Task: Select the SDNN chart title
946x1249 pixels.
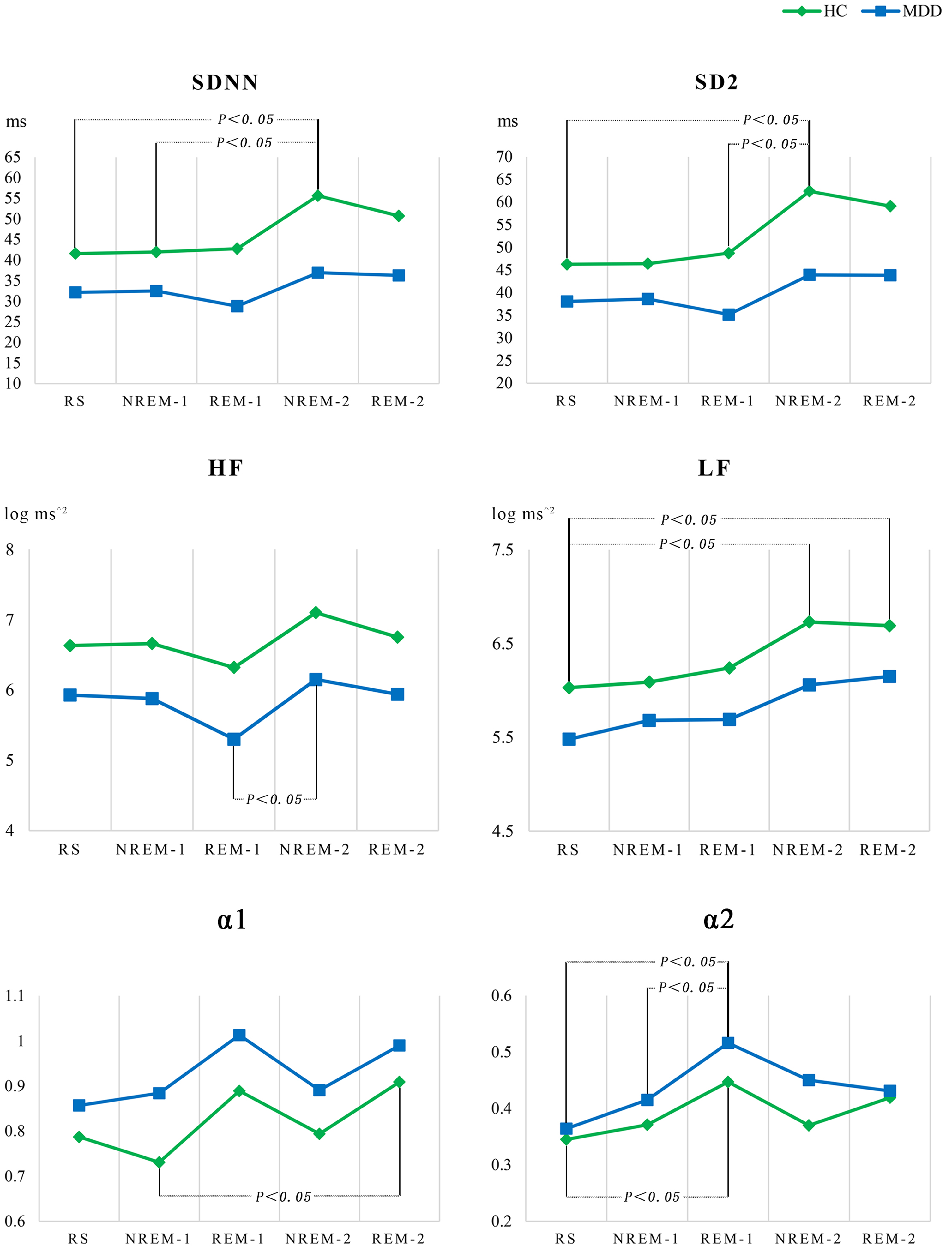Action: pyautogui.click(x=225, y=82)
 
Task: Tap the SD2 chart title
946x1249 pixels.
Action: pyautogui.click(x=716, y=82)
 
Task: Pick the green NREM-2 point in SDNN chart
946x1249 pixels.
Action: pyautogui.click(x=318, y=196)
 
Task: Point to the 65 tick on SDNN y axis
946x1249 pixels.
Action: pyautogui.click(x=12, y=157)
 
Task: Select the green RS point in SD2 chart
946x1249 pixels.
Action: pyautogui.click(x=567, y=264)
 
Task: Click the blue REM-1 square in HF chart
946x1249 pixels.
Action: pyautogui.click(x=234, y=739)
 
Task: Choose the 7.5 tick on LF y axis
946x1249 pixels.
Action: pyautogui.click(x=503, y=550)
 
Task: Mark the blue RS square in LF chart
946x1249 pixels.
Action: pyautogui.click(x=569, y=739)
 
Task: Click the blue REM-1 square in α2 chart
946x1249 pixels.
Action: pyautogui.click(x=728, y=1043)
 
